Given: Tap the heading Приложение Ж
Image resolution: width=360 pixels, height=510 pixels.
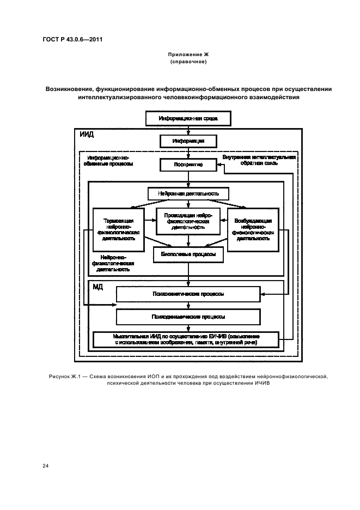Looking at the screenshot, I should (x=188, y=56).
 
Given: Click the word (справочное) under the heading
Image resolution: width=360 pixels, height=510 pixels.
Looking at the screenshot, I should (x=188, y=63).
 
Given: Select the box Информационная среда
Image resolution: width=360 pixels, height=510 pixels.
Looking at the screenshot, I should (x=188, y=118).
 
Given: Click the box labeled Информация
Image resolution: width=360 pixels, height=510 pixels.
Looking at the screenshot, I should (x=188, y=141).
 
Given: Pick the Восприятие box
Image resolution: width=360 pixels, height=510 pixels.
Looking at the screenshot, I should (x=188, y=164).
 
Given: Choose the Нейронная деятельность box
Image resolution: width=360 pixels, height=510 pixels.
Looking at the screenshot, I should (x=188, y=193).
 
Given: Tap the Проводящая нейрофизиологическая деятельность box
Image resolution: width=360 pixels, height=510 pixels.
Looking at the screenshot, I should (x=188, y=221).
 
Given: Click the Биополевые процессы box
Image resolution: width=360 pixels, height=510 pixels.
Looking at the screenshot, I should (x=188, y=254).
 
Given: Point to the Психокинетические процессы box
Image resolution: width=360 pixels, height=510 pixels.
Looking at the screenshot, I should (x=188, y=295).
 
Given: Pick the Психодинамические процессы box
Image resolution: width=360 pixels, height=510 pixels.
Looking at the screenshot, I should (x=188, y=317).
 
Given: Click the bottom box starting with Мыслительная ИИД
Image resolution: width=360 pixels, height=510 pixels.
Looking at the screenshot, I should (x=188, y=339).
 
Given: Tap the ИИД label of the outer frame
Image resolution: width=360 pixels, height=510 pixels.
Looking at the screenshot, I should (x=87, y=135).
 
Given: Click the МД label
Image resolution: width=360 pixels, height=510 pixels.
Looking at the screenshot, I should (x=98, y=287).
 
